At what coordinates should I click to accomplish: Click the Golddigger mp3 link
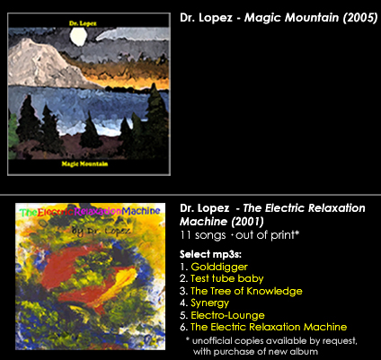click(219, 267)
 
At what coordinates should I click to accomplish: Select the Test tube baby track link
click(227, 278)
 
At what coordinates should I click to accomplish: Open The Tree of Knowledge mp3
click(246, 291)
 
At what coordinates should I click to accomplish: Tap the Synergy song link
click(210, 303)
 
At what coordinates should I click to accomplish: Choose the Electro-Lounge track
click(227, 315)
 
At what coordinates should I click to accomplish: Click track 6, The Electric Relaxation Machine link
click(269, 327)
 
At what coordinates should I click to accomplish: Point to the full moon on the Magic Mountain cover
click(78, 37)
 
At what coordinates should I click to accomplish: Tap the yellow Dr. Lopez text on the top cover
click(83, 23)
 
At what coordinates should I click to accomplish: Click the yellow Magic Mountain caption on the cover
click(84, 163)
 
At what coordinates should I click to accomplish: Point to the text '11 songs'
click(203, 235)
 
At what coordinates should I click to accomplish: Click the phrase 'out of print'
click(266, 235)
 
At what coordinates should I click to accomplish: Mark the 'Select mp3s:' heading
click(210, 254)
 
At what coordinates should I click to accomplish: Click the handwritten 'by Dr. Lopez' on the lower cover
click(102, 231)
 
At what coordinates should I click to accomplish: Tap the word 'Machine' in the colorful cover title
click(141, 211)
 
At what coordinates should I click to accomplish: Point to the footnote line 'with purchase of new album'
click(255, 351)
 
